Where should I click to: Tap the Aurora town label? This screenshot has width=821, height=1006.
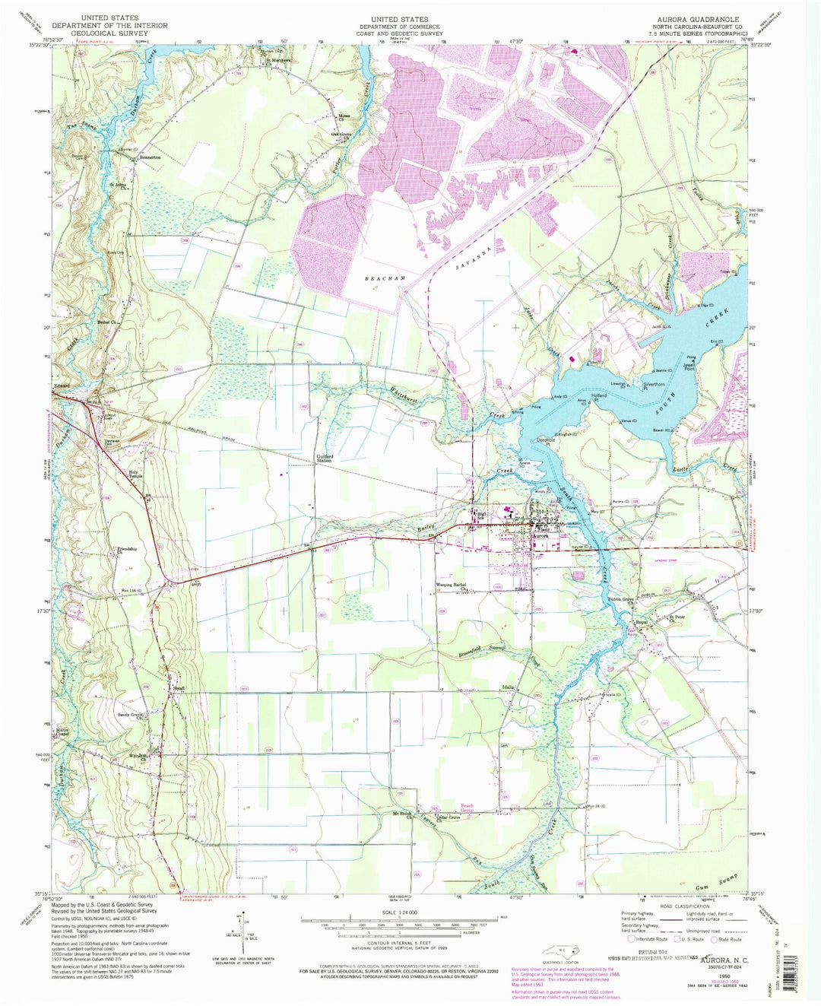[x=540, y=536]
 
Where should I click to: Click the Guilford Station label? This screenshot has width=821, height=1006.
[x=325, y=459]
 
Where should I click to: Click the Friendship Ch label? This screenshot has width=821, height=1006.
[x=121, y=551]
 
